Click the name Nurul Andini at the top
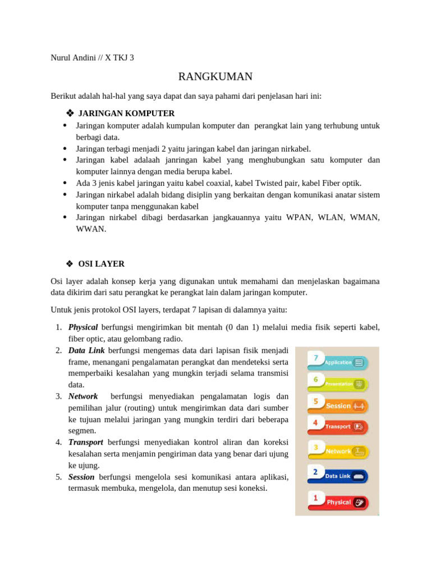pyautogui.click(x=74, y=57)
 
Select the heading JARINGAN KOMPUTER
pyautogui.click(x=126, y=113)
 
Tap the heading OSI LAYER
pyautogui.click(x=102, y=264)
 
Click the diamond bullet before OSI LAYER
pyautogui.click(x=70, y=264)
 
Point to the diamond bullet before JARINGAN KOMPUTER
pyautogui.click(x=70, y=113)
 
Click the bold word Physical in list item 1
pyautogui.click(x=83, y=327)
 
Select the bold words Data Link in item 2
pyautogui.click(x=86, y=350)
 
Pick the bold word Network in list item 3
pyautogui.click(x=83, y=396)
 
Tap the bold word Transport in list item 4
pyautogui.click(x=86, y=442)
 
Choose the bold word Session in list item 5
pyautogui.click(x=81, y=477)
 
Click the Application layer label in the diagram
pyautogui.click(x=338, y=363)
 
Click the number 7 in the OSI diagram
pyautogui.click(x=316, y=358)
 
